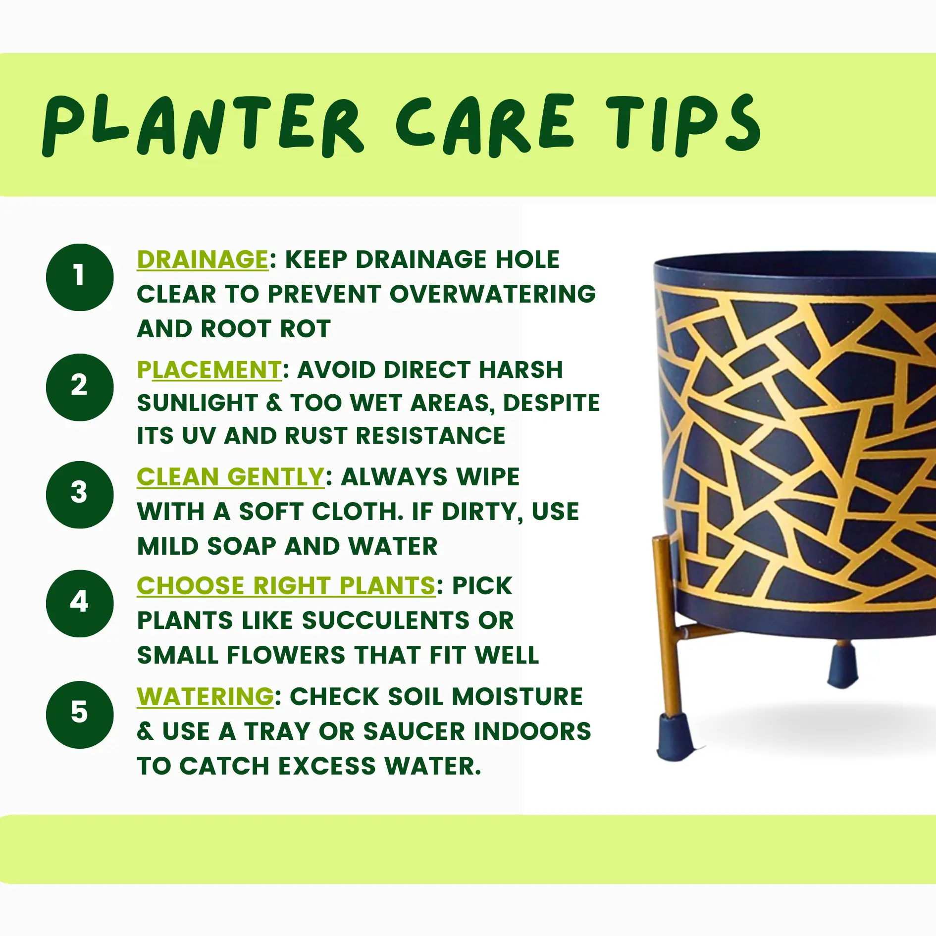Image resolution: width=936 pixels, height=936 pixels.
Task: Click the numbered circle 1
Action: tap(80, 277)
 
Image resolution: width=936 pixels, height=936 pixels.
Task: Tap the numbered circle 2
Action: tap(80, 387)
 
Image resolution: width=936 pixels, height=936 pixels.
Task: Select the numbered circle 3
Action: tap(80, 495)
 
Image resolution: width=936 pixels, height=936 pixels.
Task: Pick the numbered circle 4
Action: tap(80, 603)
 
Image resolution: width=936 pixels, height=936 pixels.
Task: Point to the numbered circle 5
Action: tap(80, 715)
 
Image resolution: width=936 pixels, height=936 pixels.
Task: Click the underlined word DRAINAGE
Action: tap(203, 260)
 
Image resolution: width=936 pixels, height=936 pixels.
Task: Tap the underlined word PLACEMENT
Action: tap(209, 370)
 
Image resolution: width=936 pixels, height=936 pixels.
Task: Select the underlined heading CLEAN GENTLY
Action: tap(231, 477)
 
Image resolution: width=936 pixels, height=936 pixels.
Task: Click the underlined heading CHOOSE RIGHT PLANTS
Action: tap(286, 586)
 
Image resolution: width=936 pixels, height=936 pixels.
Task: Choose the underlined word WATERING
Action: tap(206, 697)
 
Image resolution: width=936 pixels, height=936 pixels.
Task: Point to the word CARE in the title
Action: tap(485, 125)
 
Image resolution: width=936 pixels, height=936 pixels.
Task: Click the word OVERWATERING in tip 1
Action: tap(493, 294)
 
